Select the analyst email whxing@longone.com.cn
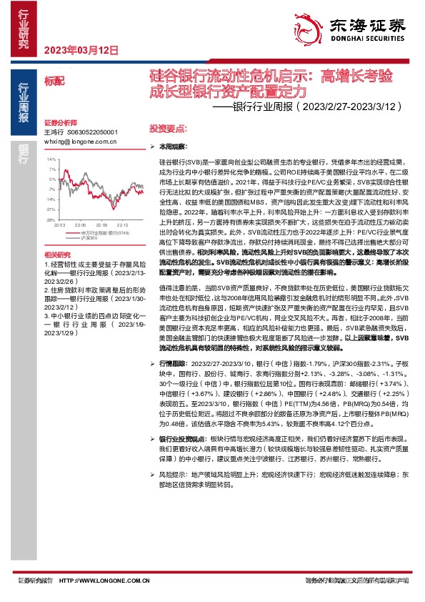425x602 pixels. [x=81, y=142]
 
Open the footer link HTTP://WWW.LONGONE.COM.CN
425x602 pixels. [x=102, y=581]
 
